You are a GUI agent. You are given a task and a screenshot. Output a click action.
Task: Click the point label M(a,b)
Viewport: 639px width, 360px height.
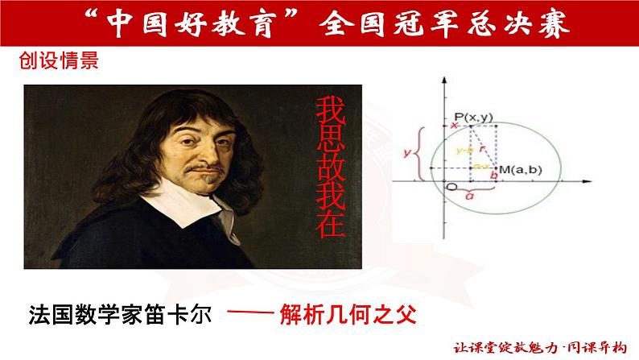(x=519, y=169)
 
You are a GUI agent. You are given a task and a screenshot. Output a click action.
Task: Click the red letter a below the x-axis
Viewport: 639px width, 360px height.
(x=471, y=194)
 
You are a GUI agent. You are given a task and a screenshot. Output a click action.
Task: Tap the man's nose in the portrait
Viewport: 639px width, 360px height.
(x=190, y=143)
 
